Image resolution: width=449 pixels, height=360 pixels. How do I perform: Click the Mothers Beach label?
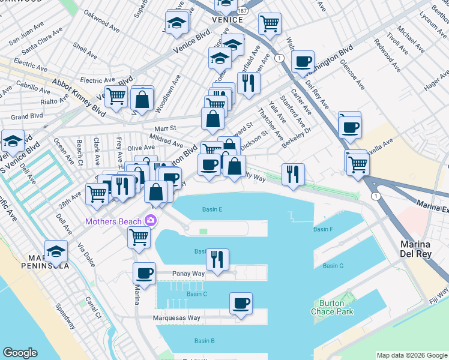click(x=113, y=221)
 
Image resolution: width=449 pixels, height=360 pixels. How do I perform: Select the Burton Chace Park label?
click(x=332, y=307)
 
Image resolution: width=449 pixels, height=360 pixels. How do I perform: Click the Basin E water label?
click(x=212, y=209)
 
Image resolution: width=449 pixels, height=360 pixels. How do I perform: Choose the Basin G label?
click(x=333, y=266)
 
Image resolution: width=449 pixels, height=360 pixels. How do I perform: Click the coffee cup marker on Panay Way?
click(x=144, y=273)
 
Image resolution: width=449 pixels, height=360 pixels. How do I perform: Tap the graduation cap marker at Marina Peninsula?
click(x=56, y=251)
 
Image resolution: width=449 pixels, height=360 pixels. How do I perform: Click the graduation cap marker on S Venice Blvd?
click(x=13, y=141)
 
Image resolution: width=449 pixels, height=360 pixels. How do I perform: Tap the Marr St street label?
click(x=164, y=128)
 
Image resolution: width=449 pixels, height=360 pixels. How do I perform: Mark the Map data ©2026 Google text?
click(x=412, y=355)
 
